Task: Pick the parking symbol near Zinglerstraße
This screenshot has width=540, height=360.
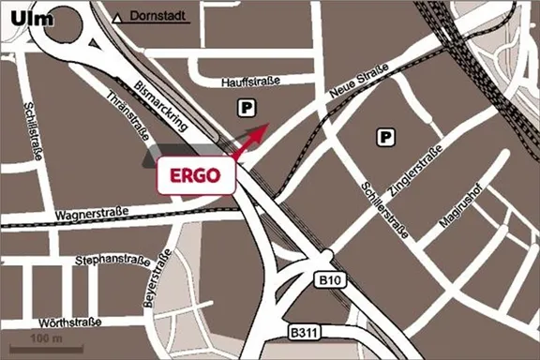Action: click(384, 137)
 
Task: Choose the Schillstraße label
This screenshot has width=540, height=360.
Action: click(34, 130)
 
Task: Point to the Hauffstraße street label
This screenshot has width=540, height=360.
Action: click(251, 82)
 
